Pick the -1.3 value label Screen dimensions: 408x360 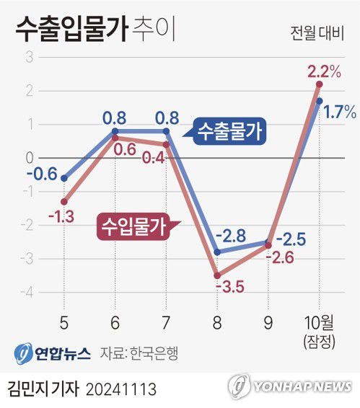63,216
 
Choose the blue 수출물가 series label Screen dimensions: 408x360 229,131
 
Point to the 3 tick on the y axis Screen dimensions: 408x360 30,58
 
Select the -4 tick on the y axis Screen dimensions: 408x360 27,293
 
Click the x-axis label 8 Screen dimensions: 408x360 218,319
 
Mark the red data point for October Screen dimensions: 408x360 319,84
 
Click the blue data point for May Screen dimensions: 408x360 64,178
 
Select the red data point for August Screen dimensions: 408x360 217,275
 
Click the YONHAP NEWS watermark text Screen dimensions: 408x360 302,386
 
